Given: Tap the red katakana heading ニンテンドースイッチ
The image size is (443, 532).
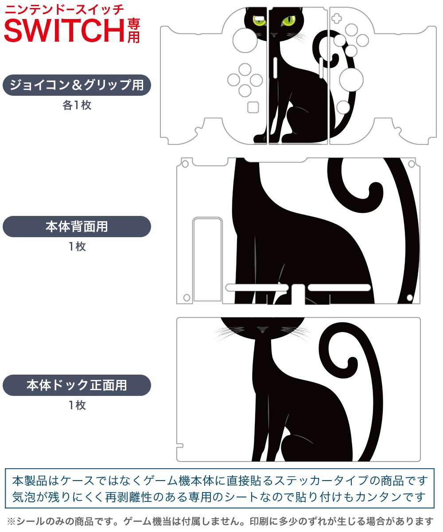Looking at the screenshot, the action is click(64, 10).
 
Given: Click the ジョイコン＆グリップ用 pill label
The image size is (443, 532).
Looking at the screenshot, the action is click(77, 85).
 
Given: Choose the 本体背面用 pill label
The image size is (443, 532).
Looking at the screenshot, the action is click(77, 227).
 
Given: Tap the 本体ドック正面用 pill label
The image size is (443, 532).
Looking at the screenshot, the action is click(77, 385).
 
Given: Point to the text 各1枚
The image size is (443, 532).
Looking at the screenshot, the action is click(77, 105).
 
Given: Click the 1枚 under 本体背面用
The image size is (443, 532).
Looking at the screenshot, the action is click(77, 246).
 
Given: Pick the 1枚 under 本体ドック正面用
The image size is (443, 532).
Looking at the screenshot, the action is click(77, 405).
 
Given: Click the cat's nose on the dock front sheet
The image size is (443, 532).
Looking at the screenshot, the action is click(262, 329).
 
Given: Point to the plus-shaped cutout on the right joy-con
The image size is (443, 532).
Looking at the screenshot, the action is click(337, 19).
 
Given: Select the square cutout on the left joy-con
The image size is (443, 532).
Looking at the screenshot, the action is click(253, 107).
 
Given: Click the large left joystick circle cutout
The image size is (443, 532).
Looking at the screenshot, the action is click(245, 40).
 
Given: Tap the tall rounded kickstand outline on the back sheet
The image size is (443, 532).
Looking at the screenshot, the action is click(207, 259).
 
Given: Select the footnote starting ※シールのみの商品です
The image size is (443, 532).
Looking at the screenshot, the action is click(220, 521).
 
